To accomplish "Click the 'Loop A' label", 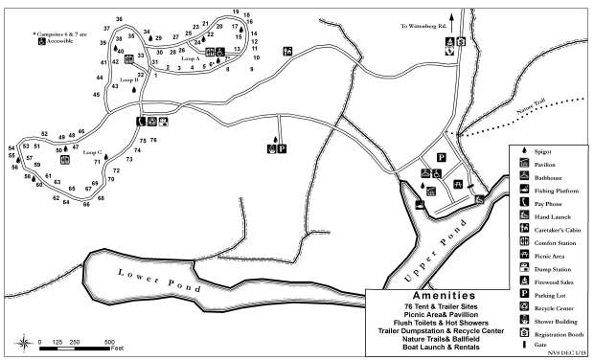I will point(191,59).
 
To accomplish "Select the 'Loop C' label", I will point(92,152).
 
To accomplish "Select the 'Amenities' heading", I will point(437,296).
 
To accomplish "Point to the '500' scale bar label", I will point(110,341).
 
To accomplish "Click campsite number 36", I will point(119,19).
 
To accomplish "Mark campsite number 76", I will point(153,141).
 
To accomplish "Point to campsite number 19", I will point(236,12).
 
